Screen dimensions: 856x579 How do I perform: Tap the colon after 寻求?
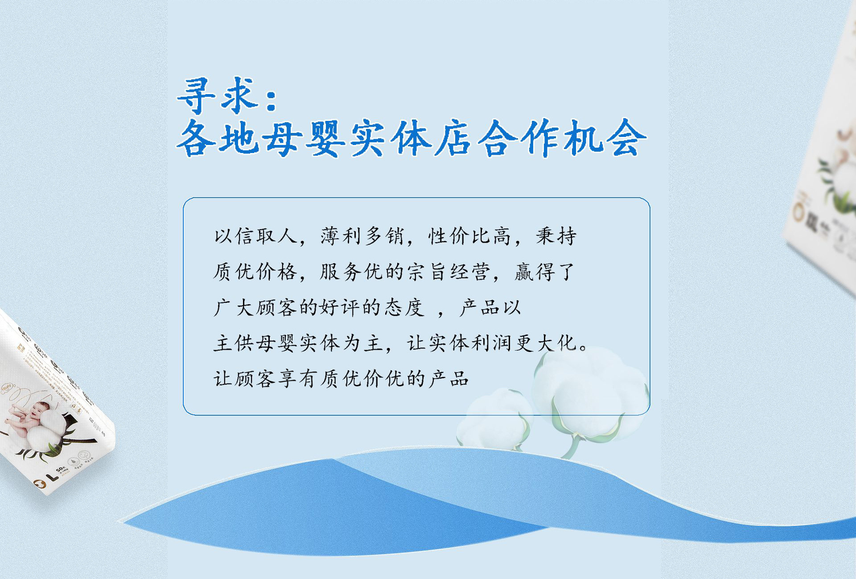(271, 99)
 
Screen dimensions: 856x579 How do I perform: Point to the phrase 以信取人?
(255, 236)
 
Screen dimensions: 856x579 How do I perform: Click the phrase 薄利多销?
(362, 236)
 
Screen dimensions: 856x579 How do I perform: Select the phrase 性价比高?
(469, 236)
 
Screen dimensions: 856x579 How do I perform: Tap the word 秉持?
(556, 236)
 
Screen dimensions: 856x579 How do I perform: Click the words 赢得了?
(545, 272)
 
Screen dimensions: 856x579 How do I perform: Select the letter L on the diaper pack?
(53, 477)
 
